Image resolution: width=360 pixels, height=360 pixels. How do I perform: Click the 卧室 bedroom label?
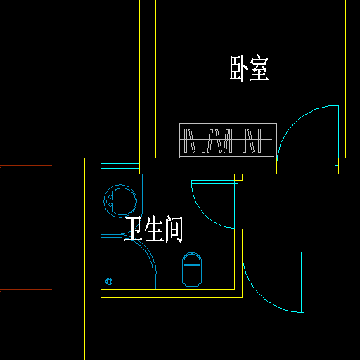tap(249, 68)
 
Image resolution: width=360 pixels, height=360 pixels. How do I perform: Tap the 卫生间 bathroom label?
tap(153, 229)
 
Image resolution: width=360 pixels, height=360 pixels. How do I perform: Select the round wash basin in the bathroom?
tap(120, 201)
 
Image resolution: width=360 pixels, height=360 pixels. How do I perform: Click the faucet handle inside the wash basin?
tap(112, 201)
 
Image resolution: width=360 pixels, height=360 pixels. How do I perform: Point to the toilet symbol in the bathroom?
tap(192, 269)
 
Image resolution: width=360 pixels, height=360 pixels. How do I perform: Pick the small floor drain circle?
tap(109, 281)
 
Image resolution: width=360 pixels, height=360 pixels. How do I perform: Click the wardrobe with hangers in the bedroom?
tap(228, 140)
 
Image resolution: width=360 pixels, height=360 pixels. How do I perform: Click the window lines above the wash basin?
tap(120, 163)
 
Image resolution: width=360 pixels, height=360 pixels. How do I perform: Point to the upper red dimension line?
tap(26, 166)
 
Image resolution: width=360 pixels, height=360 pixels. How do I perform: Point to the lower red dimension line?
tap(26, 290)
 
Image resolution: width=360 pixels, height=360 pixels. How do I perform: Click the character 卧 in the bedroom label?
tap(238, 68)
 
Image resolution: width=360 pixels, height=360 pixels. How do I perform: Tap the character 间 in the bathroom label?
tap(174, 229)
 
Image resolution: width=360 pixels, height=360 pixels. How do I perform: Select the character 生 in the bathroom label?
tap(154, 229)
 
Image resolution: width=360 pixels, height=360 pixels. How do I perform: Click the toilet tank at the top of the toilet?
tap(192, 259)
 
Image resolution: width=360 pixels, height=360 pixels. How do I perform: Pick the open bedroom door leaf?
tap(337, 136)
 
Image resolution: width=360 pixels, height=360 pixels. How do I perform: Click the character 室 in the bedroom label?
tap(259, 68)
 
